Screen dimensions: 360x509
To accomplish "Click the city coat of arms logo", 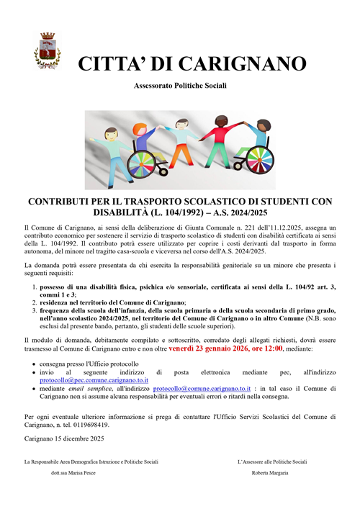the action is [x=48, y=49].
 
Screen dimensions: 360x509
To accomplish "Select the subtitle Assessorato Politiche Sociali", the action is [x=179, y=86].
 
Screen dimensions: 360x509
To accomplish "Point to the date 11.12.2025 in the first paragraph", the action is [x=284, y=227].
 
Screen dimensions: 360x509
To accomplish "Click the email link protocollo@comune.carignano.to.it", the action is [x=203, y=387].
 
